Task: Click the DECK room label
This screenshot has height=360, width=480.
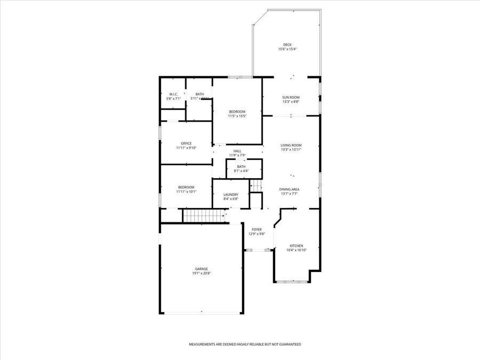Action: [287, 45]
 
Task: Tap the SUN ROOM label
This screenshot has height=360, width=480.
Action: [291, 97]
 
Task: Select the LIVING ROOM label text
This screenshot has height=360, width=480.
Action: [291, 145]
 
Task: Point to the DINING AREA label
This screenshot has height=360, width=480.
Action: [289, 189]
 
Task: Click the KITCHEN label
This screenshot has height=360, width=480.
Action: [296, 246]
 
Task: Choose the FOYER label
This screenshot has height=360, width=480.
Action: [257, 229]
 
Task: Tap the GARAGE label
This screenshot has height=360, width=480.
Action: [201, 269]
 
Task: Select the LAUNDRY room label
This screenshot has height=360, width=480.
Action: [230, 195]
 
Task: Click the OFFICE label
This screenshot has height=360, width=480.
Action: [186, 143]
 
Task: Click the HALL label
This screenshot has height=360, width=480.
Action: [237, 151]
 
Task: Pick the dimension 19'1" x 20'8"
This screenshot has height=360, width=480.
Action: [201, 274]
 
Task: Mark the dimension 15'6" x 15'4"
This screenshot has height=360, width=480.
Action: [287, 49]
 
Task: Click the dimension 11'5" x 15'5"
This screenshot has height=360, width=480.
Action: [237, 116]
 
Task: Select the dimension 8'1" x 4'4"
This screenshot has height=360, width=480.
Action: [242, 171]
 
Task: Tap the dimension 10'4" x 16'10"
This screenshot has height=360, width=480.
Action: [296, 250]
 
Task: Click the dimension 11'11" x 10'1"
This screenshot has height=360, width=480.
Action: [186, 191]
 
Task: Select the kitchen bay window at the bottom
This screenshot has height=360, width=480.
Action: [292, 281]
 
